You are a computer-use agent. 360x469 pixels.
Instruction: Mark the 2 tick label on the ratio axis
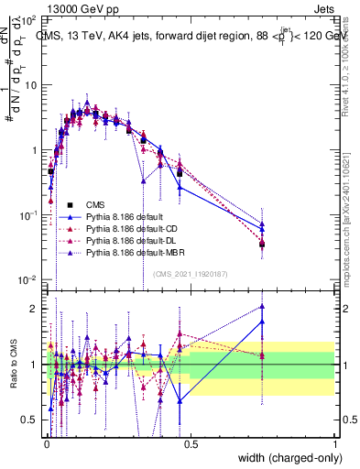pyautogui.click(x=35, y=309)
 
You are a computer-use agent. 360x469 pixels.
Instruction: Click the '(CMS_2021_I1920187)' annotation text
pyautogui.click(x=190, y=273)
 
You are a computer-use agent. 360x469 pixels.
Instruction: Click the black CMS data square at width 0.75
pyautogui.click(x=262, y=244)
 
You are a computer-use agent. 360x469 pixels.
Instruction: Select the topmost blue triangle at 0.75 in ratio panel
pyautogui.click(x=262, y=307)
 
